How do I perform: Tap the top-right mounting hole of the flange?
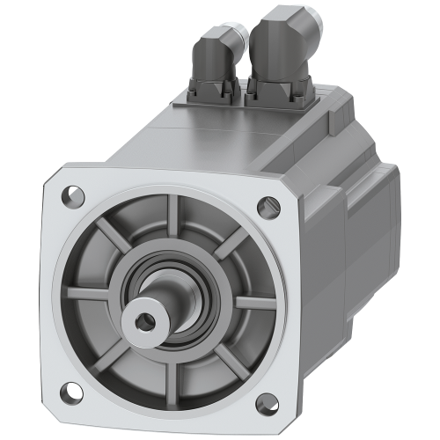tap(263, 207)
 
